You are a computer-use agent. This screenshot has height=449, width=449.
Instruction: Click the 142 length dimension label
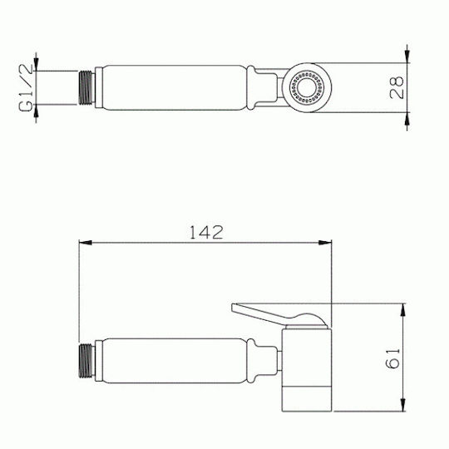(x=206, y=233)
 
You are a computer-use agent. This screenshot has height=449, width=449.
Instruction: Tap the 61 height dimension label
(x=392, y=358)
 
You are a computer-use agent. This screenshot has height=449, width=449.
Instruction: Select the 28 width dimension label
(x=397, y=87)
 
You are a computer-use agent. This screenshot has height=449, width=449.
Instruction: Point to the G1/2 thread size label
(x=26, y=87)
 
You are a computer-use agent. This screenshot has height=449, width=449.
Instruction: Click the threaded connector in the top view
(x=86, y=87)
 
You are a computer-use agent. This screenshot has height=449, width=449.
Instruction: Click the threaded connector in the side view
(x=86, y=361)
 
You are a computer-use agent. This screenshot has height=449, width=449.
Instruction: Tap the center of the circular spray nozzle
(x=307, y=87)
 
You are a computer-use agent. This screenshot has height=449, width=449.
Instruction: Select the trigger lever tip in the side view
(x=234, y=307)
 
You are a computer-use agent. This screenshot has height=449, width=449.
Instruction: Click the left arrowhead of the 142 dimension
(x=86, y=243)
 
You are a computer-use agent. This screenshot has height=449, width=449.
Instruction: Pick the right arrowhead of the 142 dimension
(x=325, y=243)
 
